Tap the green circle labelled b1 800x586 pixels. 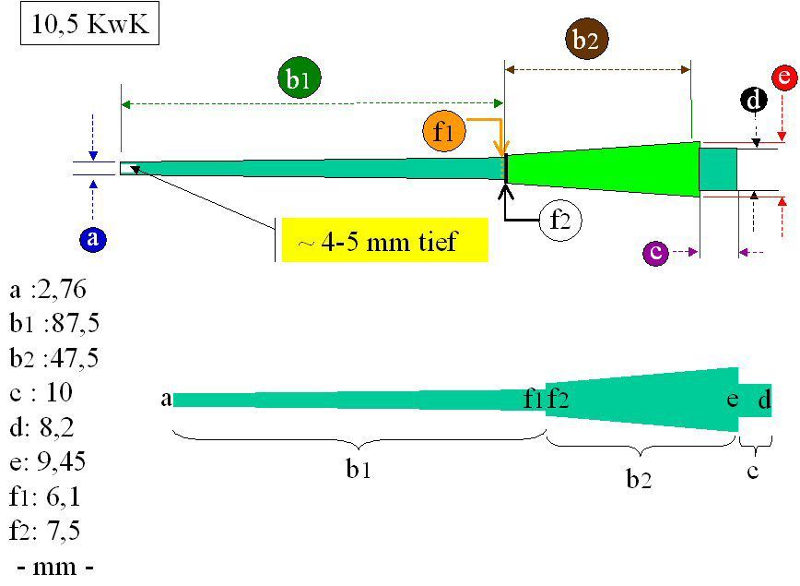click(x=297, y=79)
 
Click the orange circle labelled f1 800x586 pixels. click(x=444, y=131)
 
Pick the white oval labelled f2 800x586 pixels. click(x=561, y=221)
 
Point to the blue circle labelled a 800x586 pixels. click(x=91, y=240)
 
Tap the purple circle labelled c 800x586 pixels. click(x=655, y=251)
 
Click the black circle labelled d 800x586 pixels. click(x=755, y=100)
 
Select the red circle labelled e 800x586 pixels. click(x=783, y=78)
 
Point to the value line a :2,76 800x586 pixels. click(x=48, y=292)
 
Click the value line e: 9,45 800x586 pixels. click(x=48, y=461)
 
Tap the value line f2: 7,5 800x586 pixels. click(x=48, y=531)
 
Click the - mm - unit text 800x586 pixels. click(x=55, y=565)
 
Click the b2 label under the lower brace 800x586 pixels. click(x=639, y=479)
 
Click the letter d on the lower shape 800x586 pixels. click(x=764, y=401)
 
